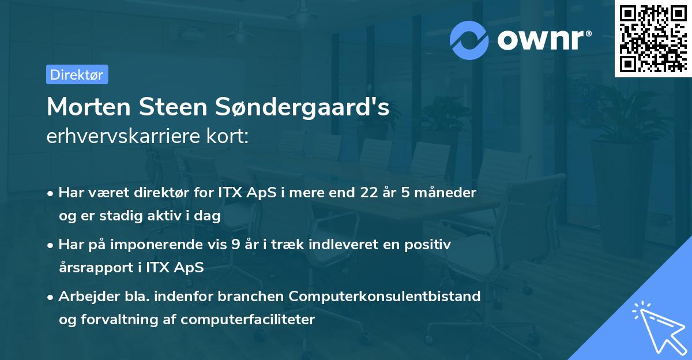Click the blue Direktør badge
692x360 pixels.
[x=77, y=74]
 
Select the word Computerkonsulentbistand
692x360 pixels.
[x=385, y=297]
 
